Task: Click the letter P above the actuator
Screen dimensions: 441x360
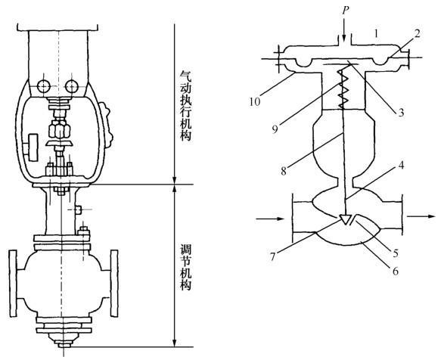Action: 346,11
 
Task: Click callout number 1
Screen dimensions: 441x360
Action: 376,34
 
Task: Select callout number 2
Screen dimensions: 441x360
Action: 417,34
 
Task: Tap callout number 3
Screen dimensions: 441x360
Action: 401,113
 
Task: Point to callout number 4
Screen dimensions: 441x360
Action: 401,166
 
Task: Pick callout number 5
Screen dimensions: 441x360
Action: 396,253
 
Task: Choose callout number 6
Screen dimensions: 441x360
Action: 396,272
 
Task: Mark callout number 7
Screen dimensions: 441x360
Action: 272,257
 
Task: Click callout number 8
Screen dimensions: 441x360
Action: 284,171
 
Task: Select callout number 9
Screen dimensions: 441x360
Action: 275,129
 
